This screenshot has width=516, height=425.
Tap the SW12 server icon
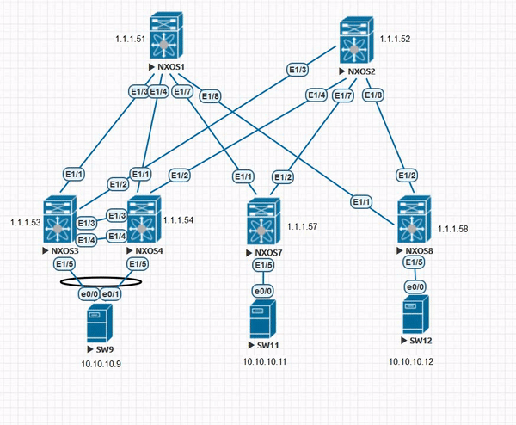[x=416, y=317]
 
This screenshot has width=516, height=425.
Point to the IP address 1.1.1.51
[x=131, y=40]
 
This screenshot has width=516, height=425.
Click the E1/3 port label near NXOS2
[x=297, y=70]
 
